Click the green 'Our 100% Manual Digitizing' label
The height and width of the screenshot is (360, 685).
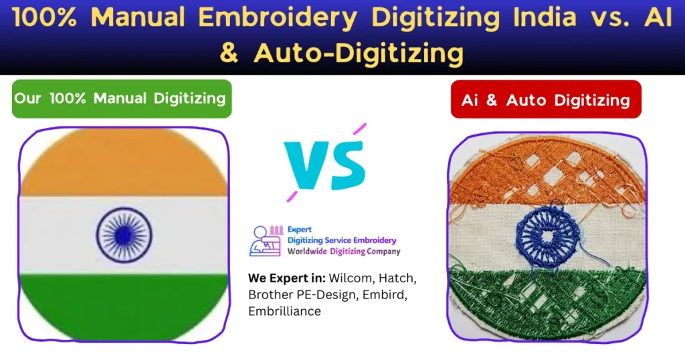[120, 98]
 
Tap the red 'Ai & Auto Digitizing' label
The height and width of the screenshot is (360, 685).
[545, 100]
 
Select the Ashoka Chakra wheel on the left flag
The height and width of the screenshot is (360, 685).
[124, 235]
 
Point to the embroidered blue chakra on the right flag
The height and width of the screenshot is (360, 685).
[547, 234]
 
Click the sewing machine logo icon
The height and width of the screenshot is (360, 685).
[264, 241]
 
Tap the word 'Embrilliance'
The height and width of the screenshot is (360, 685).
[284, 311]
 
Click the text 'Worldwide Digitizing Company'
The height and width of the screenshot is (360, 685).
[344, 252]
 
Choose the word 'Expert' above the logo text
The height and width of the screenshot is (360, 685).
[300, 229]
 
